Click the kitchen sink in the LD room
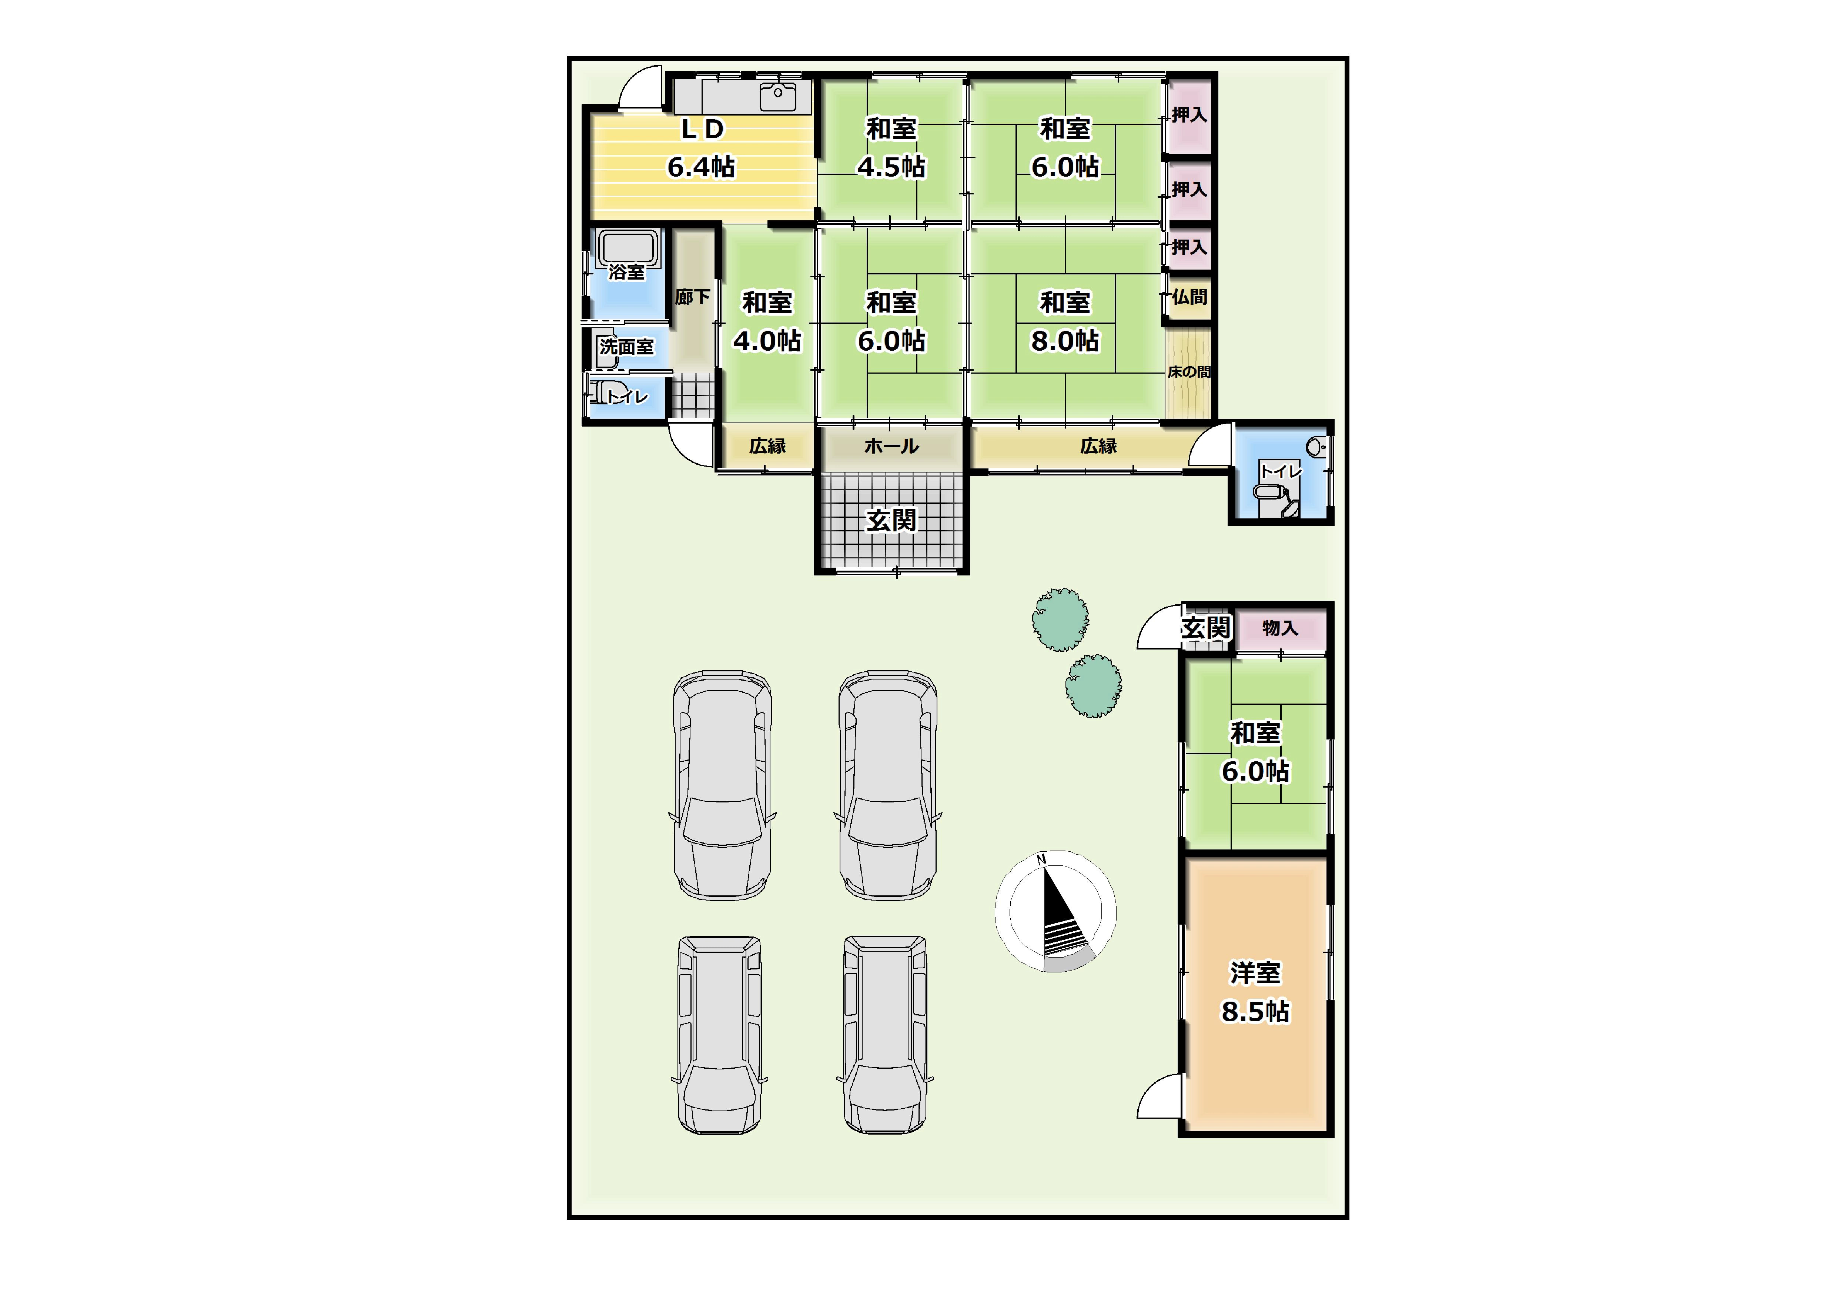778,96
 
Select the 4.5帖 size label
891,167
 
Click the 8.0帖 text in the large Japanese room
1065,341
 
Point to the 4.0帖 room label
767,341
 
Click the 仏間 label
1189,297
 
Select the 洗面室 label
627,347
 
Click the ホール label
891,446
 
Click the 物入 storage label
1280,628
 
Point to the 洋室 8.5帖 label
1255,992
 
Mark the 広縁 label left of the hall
767,446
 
